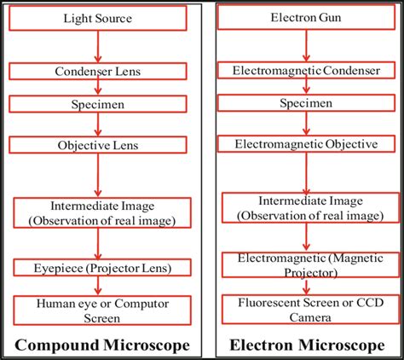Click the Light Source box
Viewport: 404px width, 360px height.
point(101,17)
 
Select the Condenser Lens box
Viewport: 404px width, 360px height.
point(101,73)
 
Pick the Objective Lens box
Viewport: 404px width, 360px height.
point(101,146)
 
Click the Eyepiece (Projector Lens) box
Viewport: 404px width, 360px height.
point(101,267)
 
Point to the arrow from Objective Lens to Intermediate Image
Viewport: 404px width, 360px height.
point(101,176)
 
